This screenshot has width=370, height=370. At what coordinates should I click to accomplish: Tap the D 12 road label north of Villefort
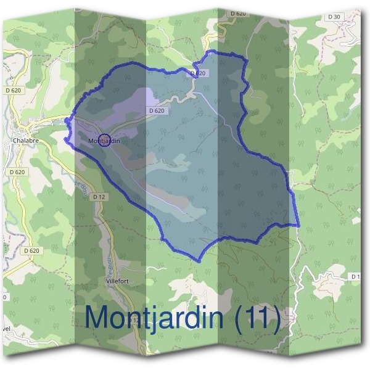[99, 197]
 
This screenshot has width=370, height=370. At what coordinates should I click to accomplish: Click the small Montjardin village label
[103, 141]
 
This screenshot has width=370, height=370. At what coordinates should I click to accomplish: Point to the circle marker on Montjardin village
[104, 141]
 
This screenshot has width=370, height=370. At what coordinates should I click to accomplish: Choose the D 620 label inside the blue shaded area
[156, 111]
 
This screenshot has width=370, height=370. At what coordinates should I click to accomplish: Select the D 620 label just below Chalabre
[18, 172]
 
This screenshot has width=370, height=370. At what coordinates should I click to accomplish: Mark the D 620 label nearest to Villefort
[31, 251]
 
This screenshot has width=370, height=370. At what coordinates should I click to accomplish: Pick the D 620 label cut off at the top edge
[237, 14]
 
